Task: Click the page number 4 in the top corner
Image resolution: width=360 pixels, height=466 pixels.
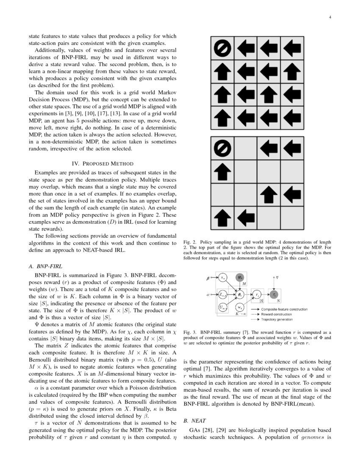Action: click(x=329, y=17)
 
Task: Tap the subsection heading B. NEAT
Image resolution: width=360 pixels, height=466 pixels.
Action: click(x=194, y=421)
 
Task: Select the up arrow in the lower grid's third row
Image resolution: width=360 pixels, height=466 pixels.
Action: click(x=269, y=195)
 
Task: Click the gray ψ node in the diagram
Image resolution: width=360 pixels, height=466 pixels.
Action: click(x=239, y=278)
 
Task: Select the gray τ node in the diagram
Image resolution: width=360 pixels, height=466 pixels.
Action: click(x=274, y=294)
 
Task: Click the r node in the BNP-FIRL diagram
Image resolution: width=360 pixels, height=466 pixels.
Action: click(x=256, y=294)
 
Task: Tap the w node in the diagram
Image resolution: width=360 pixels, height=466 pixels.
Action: click(x=240, y=307)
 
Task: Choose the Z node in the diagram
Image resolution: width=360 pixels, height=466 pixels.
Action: click(x=223, y=294)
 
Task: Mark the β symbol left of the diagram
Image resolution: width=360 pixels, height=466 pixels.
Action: click(x=208, y=278)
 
